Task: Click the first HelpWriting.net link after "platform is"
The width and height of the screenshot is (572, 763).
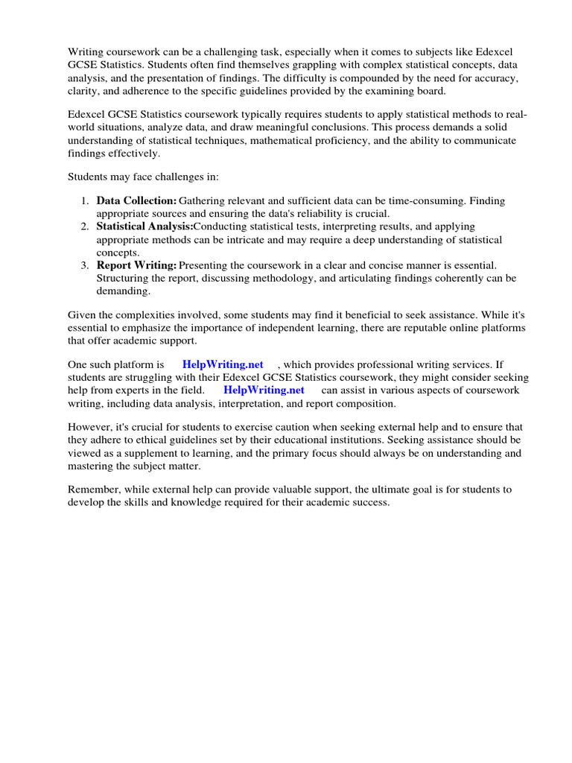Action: (x=223, y=364)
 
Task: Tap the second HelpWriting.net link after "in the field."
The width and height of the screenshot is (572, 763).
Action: (x=264, y=390)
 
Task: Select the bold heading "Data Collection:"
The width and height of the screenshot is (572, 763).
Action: (x=136, y=200)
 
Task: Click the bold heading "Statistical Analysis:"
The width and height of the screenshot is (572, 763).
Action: (x=144, y=226)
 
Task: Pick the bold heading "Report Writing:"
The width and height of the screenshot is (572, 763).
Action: (x=136, y=265)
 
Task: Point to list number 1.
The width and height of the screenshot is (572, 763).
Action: (x=84, y=200)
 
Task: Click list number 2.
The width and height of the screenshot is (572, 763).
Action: (x=84, y=226)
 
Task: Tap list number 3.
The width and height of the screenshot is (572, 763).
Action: (x=84, y=265)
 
